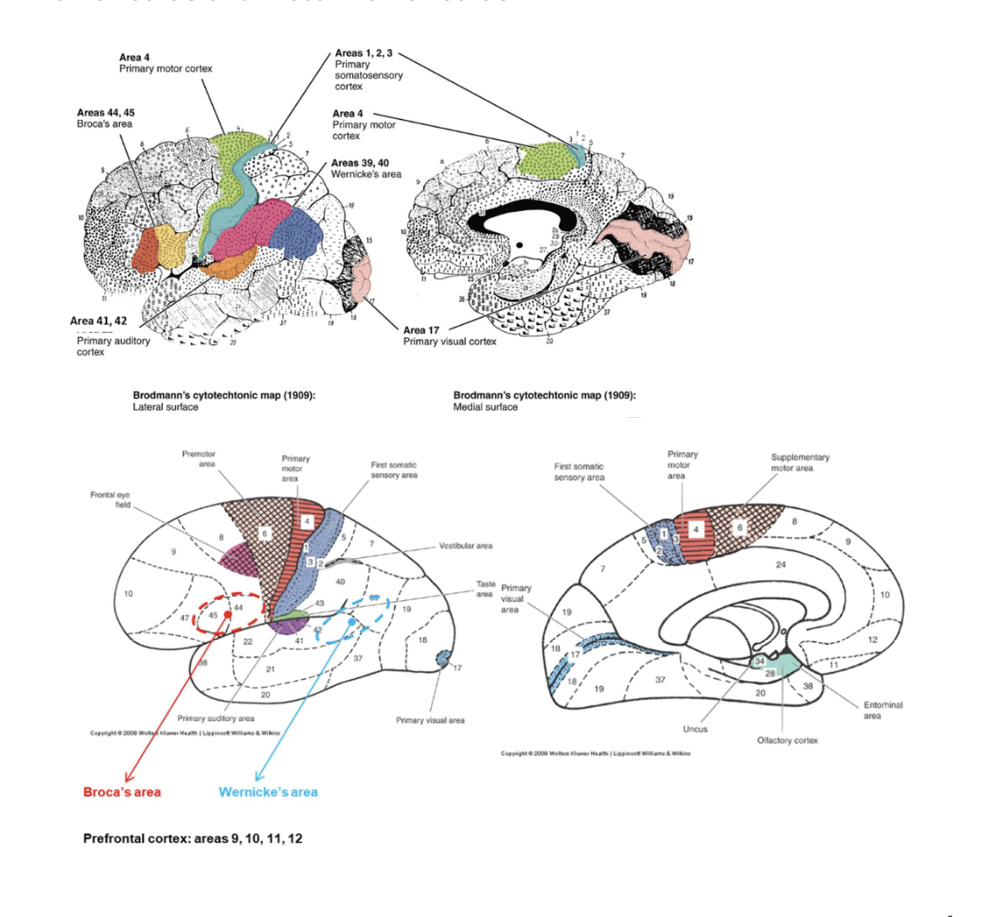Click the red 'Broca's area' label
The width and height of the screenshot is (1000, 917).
click(x=122, y=792)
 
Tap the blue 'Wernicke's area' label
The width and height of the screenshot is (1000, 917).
click(x=268, y=792)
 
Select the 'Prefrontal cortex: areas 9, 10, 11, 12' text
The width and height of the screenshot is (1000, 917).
click(x=193, y=838)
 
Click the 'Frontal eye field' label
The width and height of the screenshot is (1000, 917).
click(x=111, y=500)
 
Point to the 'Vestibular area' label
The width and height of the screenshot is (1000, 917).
click(x=465, y=545)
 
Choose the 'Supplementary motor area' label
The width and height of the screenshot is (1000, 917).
click(x=800, y=463)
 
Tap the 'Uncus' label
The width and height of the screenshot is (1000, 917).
click(x=695, y=729)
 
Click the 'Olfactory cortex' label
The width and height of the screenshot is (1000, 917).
click(x=787, y=741)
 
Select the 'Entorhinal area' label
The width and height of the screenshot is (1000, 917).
click(x=883, y=710)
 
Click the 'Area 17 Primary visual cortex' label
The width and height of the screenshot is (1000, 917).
click(x=449, y=336)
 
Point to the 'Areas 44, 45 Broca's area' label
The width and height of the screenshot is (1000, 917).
click(x=106, y=118)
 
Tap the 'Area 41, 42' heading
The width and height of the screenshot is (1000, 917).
click(x=99, y=321)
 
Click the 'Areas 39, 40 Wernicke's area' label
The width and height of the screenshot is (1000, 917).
click(x=366, y=169)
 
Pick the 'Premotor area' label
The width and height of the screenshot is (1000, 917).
click(x=199, y=458)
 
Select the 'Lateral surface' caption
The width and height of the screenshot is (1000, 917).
click(x=166, y=407)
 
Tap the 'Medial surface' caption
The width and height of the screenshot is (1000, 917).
click(x=486, y=407)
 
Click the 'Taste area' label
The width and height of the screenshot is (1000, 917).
click(x=486, y=589)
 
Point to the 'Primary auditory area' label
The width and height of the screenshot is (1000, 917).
click(x=215, y=719)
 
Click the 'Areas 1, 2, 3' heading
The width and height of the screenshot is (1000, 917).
click(x=363, y=53)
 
